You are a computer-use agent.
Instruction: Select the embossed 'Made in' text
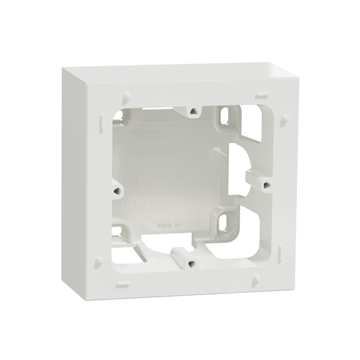(170, 223)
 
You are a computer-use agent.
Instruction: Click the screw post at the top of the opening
(193, 110)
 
